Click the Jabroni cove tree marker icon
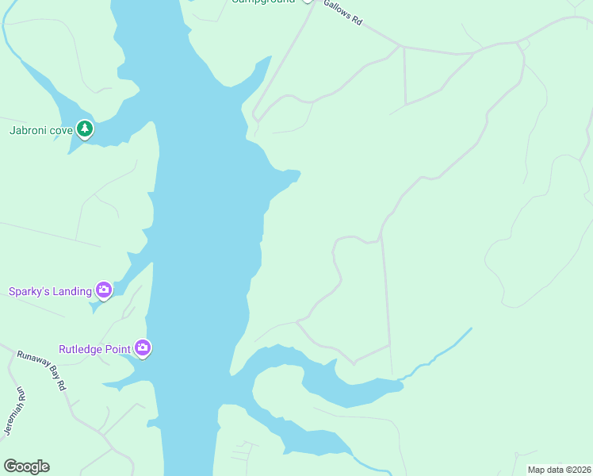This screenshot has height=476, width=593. pyautogui.click(x=85, y=129)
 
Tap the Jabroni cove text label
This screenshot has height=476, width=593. pyautogui.click(x=40, y=130)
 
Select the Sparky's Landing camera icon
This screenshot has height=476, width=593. pyautogui.click(x=103, y=290)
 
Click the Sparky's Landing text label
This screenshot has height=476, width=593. pyautogui.click(x=50, y=291)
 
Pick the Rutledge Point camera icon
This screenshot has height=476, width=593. pyautogui.click(x=142, y=347)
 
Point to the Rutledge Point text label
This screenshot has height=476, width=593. pyautogui.click(x=95, y=348)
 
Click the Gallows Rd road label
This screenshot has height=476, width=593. pyautogui.click(x=342, y=13)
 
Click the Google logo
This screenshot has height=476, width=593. pyautogui.click(x=26, y=466)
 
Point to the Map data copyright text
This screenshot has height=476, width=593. pyautogui.click(x=559, y=470)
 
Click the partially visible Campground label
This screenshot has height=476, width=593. pyautogui.click(x=263, y=2)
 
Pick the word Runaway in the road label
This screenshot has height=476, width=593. pyautogui.click(x=31, y=363)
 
